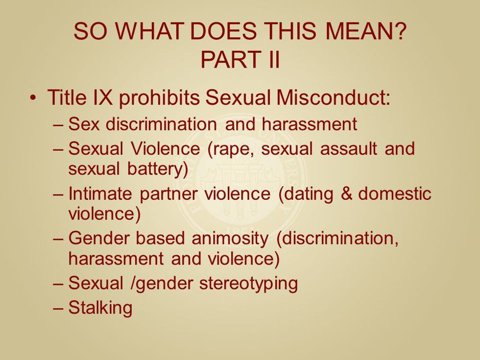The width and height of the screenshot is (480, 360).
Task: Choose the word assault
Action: tap(349, 148)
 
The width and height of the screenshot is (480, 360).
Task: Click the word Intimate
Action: tap(100, 193)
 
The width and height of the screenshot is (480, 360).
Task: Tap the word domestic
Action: tap(395, 193)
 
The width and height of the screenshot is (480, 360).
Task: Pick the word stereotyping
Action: tap(249, 284)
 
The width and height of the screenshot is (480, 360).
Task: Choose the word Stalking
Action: tap(100, 308)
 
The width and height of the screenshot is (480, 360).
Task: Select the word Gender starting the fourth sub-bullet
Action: tap(99, 239)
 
